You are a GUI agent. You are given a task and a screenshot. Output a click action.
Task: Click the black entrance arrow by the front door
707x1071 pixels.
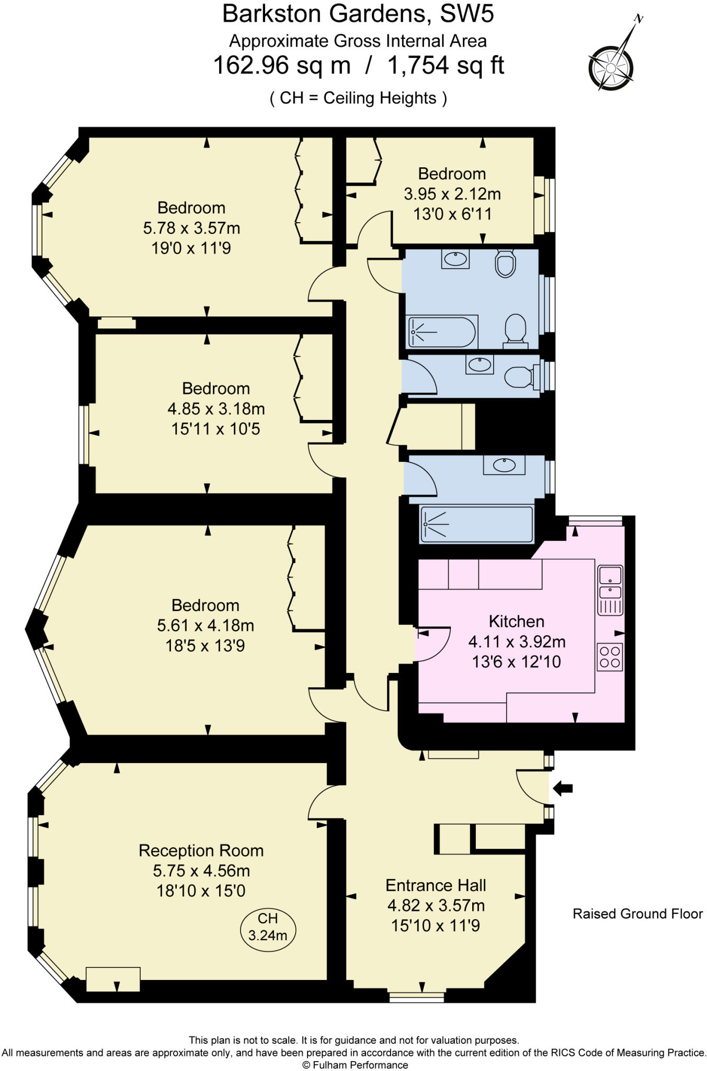coord(563,788)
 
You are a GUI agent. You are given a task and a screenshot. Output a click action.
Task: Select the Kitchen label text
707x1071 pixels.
coord(516,621)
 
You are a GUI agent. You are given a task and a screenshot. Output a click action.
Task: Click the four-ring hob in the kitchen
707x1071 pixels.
coord(610,657)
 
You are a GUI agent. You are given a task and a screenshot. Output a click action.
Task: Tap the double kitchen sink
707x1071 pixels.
coord(610,584)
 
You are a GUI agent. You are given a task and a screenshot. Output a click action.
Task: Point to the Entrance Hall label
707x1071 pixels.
coord(436,885)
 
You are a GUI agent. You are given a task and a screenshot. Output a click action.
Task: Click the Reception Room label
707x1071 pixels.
coord(201,850)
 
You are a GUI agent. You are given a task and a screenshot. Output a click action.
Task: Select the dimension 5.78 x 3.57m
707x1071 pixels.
coord(191,228)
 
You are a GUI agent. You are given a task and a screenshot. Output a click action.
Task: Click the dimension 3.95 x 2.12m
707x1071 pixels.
coord(452,194)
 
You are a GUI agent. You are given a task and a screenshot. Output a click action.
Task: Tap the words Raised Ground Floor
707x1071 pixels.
coord(637,914)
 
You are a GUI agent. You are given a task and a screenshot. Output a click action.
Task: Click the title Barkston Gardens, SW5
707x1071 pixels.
coord(358,14)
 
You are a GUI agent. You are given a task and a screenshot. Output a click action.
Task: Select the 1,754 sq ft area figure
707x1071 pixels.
coord(446,66)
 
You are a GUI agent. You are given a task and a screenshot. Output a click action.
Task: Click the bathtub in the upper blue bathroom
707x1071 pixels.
coord(442,332)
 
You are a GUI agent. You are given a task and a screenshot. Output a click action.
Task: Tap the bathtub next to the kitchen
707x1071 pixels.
coord(476,524)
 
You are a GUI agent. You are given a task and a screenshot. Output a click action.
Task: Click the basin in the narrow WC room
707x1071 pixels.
coord(480,364)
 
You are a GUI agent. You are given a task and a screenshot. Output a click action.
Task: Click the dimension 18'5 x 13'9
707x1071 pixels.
coord(205,646)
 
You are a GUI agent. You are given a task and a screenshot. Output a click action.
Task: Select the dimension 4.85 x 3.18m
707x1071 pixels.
coord(215,408)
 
